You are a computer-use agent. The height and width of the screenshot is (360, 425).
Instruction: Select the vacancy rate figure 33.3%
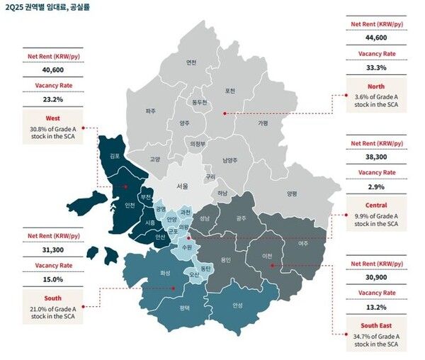click(378, 67)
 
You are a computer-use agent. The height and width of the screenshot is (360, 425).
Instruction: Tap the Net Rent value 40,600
click(54, 70)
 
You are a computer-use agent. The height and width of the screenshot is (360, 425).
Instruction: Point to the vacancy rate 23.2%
click(54, 99)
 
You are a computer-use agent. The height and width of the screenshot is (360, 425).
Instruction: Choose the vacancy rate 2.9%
click(378, 188)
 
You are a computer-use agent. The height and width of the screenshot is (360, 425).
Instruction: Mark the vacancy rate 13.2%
click(378, 307)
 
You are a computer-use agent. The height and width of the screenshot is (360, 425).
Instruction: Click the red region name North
click(378, 86)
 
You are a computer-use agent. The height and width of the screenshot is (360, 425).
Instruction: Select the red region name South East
click(378, 325)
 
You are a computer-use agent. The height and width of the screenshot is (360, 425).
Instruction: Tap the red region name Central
click(378, 206)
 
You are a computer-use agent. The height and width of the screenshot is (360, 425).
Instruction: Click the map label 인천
click(130, 206)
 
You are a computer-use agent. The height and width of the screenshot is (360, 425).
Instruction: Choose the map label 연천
click(191, 62)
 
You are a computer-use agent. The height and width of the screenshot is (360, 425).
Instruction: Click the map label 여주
click(302, 243)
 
